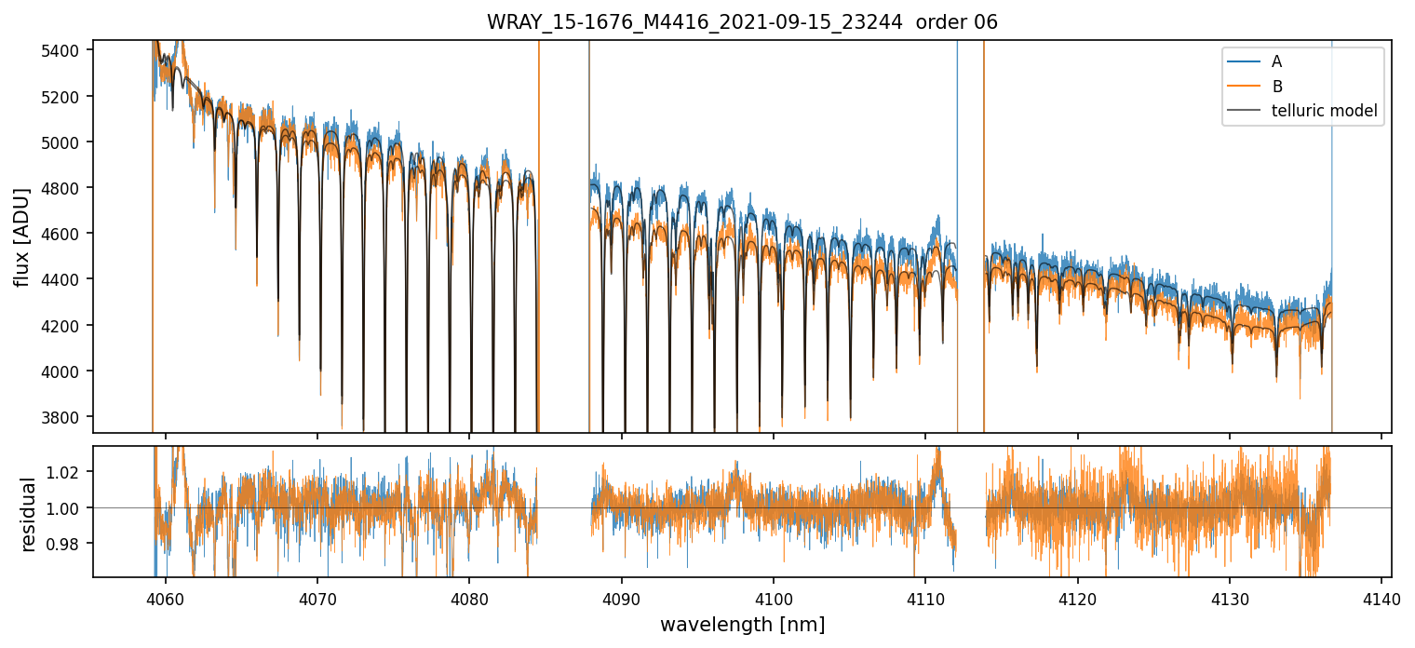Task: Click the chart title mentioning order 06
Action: [x=742, y=22]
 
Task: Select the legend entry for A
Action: [x=1276, y=61]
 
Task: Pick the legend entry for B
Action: [x=1276, y=87]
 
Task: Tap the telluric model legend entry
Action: [x=1324, y=112]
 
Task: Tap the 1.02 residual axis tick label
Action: [x=69, y=472]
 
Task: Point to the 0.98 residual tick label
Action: [x=69, y=543]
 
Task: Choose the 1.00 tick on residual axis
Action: [x=69, y=507]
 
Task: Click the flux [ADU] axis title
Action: [x=21, y=236]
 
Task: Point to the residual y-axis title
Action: [x=28, y=514]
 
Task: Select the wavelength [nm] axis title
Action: [x=742, y=624]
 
